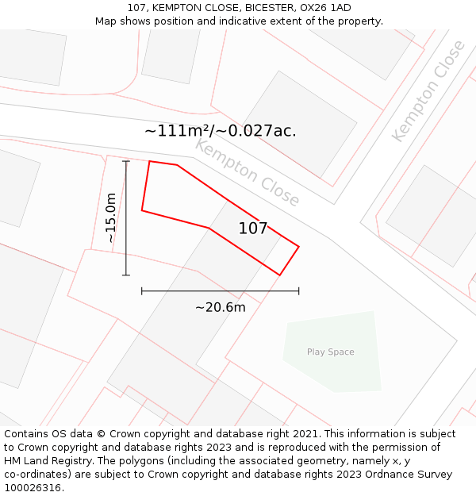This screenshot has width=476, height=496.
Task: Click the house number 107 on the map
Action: pyautogui.click(x=253, y=229)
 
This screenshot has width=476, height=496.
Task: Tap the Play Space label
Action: pyautogui.click(x=331, y=352)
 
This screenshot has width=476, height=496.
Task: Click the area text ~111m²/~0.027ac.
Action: pyautogui.click(x=221, y=131)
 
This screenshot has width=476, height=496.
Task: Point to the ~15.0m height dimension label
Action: pyautogui.click(x=111, y=217)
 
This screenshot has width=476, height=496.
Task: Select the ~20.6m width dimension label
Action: pyautogui.click(x=221, y=307)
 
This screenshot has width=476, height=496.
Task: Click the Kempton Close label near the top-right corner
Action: pyautogui.click(x=428, y=91)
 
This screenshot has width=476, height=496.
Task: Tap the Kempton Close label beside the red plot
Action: pyautogui.click(x=247, y=172)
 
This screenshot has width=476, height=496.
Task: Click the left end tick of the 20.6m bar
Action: pyautogui.click(x=142, y=291)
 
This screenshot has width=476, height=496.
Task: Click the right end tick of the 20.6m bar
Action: pyautogui.click(x=299, y=291)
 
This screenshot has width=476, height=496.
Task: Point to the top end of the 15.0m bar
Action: pyautogui.click(x=126, y=161)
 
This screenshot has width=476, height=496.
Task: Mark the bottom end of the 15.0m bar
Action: pyautogui.click(x=126, y=275)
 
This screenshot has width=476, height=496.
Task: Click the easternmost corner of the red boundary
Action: pyautogui.click(x=299, y=246)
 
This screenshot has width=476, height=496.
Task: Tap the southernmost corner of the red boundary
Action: pyautogui.click(x=279, y=275)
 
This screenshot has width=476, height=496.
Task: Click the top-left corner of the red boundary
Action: pyautogui.click(x=150, y=161)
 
